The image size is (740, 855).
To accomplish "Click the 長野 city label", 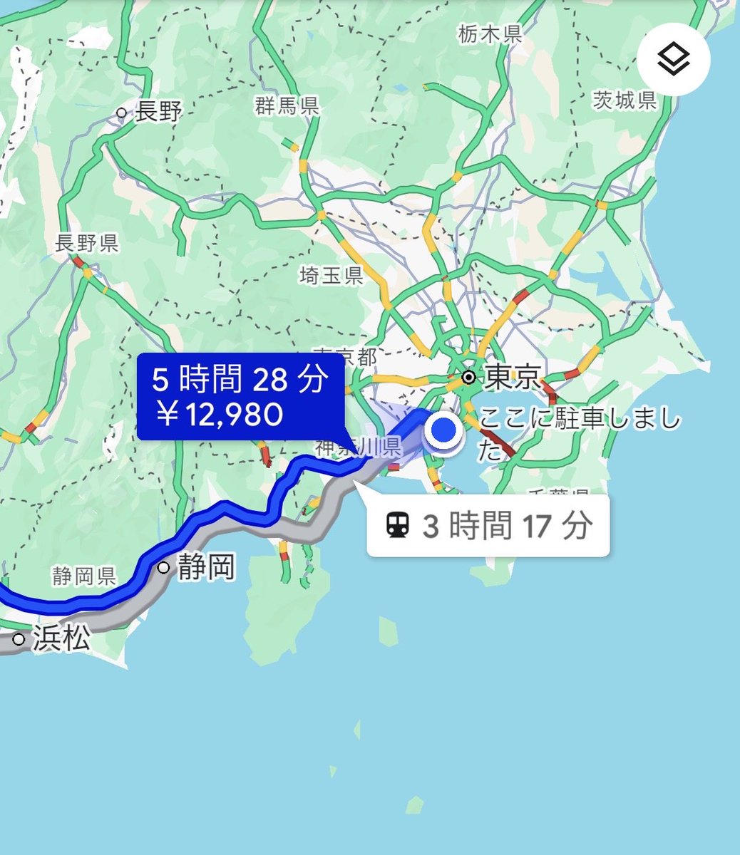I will [160, 112].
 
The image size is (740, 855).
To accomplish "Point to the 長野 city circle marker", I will [122, 113].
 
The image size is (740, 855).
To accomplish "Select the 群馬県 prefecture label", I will [287, 107].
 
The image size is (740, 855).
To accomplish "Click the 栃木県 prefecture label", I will [490, 33].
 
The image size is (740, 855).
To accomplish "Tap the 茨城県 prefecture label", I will [625, 100].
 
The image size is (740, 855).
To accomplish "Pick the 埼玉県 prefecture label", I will [332, 276].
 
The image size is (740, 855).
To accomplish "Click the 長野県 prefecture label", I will [86, 244].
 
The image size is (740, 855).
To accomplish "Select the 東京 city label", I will [513, 378].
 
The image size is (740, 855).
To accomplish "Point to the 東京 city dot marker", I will [469, 376].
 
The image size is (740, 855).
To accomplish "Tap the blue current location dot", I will [444, 430].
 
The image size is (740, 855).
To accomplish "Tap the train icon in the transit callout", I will [397, 526].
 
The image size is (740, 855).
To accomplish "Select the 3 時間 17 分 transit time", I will [507, 527].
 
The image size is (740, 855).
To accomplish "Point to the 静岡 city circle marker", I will [164, 568].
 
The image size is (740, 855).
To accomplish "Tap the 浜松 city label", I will [61, 639].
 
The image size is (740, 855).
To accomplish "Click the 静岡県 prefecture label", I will [83, 576].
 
